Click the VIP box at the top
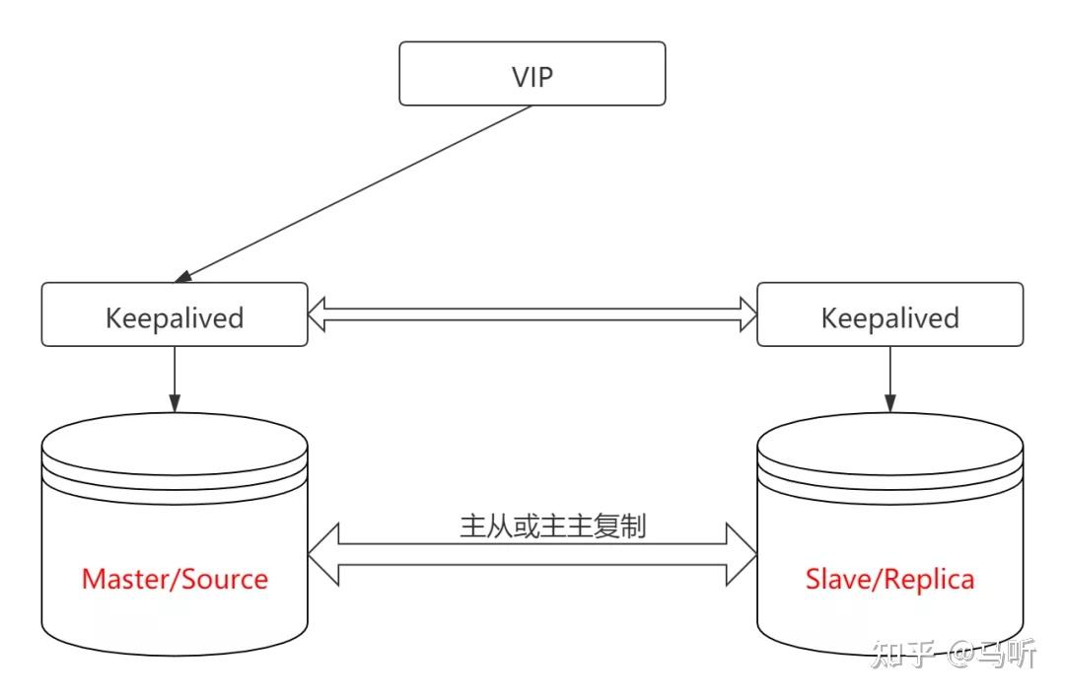pos(532,74)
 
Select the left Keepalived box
pos(175,315)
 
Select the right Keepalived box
pos(889,315)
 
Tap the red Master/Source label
pos(175,579)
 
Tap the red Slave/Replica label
pos(889,579)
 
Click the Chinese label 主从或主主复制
pos(553,525)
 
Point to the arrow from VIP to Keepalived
pos(355,192)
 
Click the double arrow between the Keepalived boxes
pos(532,315)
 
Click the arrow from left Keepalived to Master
pos(175,379)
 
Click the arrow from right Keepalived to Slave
pos(889,379)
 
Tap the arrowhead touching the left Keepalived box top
pos(183,276)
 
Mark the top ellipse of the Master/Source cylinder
pos(175,440)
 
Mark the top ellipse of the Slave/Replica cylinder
pos(889,440)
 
